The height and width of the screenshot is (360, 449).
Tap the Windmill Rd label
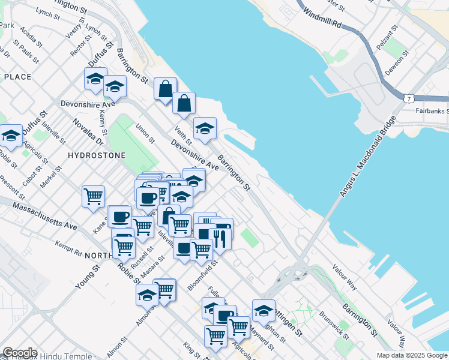point(322,19)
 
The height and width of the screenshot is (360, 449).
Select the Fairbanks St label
point(432,111)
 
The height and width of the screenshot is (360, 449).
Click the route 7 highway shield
point(408,97)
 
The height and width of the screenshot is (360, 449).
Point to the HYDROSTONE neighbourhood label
point(97,155)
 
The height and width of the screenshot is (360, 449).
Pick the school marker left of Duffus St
point(11,136)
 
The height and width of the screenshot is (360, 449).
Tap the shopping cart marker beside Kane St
point(94,196)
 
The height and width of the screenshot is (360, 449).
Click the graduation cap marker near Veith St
point(205,128)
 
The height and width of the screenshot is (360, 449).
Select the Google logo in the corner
point(20,353)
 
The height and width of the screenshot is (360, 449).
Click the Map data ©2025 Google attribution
point(412,355)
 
